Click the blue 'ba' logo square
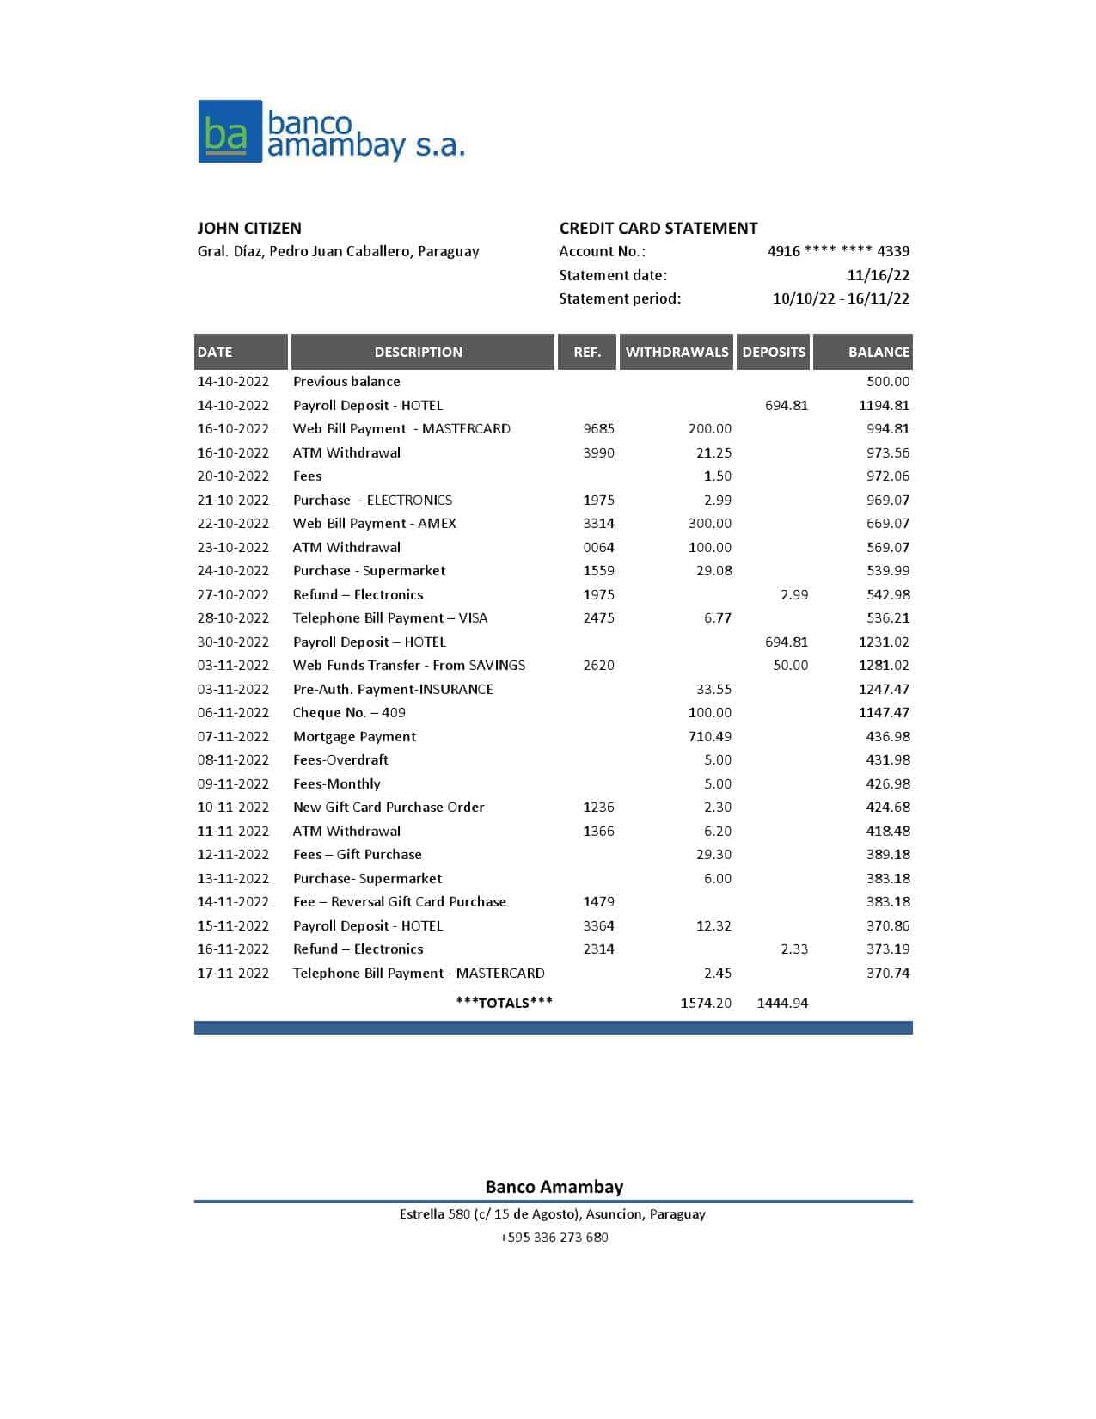(230, 132)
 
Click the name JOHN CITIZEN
(249, 228)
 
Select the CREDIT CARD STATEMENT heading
(658, 228)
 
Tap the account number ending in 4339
(838, 251)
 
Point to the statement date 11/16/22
(878, 275)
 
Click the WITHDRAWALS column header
(677, 352)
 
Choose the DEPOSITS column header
(774, 352)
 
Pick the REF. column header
(587, 352)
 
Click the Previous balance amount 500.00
(888, 382)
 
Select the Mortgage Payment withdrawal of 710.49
(709, 737)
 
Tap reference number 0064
(598, 547)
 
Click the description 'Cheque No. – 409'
(349, 713)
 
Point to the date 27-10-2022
(233, 595)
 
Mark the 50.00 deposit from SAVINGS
(790, 666)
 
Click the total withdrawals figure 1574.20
(706, 1003)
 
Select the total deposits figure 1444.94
(782, 1003)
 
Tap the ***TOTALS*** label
(505, 1003)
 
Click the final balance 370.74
(888, 974)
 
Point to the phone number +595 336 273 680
(554, 1238)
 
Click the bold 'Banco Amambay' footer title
(554, 1187)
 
